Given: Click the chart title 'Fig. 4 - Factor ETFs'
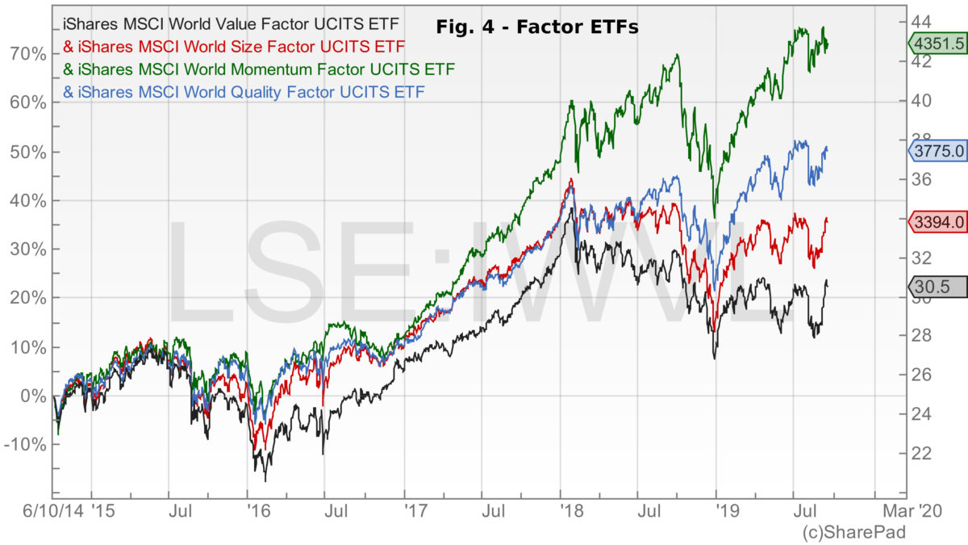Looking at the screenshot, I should tap(537, 27).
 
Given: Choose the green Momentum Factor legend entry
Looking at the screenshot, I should tap(258, 68).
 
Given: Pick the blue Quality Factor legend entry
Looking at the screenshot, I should tap(244, 91).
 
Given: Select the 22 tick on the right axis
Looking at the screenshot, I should tap(922, 453).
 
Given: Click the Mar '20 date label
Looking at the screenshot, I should tap(912, 511).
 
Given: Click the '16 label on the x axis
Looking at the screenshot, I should tap(258, 511).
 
